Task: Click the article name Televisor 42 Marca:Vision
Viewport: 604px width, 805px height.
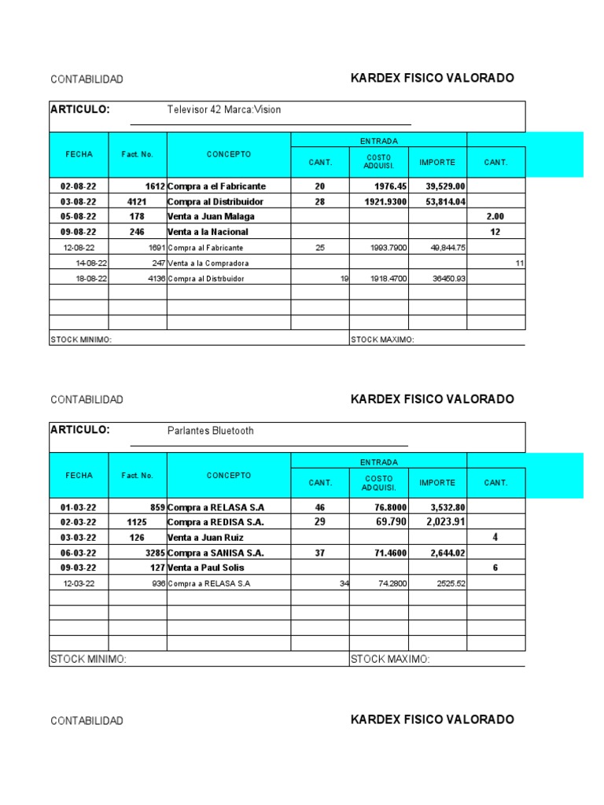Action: tap(224, 110)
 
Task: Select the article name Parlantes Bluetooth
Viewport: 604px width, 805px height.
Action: tap(211, 431)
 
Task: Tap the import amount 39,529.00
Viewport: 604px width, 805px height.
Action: tap(446, 186)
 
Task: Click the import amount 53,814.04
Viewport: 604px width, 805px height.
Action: tap(446, 202)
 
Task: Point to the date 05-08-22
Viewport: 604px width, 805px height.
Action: tap(79, 217)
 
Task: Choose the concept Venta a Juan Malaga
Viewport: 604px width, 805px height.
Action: tap(211, 217)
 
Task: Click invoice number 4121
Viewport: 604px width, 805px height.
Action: tap(137, 202)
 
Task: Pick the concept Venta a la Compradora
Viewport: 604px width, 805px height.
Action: tap(208, 263)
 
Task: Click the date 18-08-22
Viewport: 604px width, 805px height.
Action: tap(91, 278)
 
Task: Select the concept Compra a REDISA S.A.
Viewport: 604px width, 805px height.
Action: tap(215, 523)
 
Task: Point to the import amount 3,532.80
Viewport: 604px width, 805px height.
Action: tap(446, 508)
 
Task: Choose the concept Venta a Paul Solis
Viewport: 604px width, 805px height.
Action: tap(206, 568)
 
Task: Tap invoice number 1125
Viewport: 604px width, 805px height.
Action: tap(137, 523)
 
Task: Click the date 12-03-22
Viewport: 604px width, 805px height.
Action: tap(79, 583)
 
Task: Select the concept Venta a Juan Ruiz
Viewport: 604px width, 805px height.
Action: tap(205, 538)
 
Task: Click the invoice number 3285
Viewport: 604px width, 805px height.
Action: tap(149, 553)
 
